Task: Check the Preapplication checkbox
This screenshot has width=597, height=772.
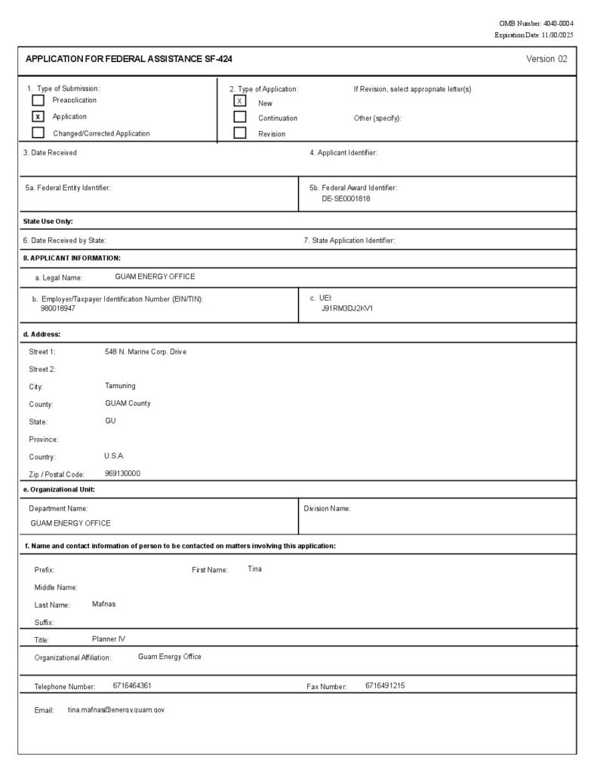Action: click(x=38, y=100)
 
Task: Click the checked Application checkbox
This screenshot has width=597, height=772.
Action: click(x=38, y=117)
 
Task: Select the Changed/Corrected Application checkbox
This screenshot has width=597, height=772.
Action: click(x=38, y=133)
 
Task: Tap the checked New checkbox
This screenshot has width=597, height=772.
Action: click(x=240, y=101)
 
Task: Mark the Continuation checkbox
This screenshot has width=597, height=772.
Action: click(x=240, y=117)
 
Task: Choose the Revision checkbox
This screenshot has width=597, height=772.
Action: click(x=240, y=133)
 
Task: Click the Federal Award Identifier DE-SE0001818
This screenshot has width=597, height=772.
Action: click(x=346, y=199)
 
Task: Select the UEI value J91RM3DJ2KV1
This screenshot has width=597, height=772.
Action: click(x=347, y=308)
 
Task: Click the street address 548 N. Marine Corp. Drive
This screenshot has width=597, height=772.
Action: click(x=145, y=352)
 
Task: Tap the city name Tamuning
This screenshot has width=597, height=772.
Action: click(x=120, y=385)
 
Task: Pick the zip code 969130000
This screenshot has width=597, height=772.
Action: click(x=122, y=473)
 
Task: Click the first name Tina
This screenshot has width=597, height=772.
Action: click(x=254, y=568)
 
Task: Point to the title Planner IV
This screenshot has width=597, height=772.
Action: click(x=109, y=639)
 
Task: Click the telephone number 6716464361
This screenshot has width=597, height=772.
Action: click(x=132, y=685)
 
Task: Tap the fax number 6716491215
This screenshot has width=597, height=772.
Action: click(x=385, y=685)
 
